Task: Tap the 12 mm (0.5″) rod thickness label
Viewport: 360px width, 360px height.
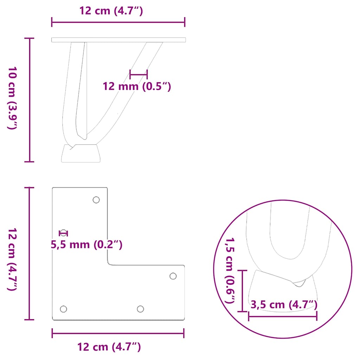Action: pyautogui.click(x=137, y=86)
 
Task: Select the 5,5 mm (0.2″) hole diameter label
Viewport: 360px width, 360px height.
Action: pyautogui.click(x=87, y=244)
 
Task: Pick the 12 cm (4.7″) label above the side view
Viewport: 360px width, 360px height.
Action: pyautogui.click(x=111, y=11)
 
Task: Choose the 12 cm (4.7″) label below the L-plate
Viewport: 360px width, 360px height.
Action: pyautogui.click(x=109, y=347)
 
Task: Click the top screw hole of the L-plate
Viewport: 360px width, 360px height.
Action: pyautogui.click(x=96, y=200)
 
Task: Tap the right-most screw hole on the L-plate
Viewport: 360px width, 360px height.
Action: pyautogui.click(x=173, y=276)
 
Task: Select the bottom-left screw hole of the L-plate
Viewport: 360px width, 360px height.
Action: pyautogui.click(x=63, y=309)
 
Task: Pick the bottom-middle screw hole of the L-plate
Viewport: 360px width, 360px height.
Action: pyautogui.click(x=140, y=309)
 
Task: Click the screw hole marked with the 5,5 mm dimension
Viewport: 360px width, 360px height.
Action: pyautogui.click(x=63, y=233)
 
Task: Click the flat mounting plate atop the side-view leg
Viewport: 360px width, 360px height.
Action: pyautogui.click(x=118, y=40)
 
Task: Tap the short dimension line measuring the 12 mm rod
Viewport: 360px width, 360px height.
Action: pyautogui.click(x=139, y=74)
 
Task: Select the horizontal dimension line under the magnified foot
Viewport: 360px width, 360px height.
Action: pyautogui.click(x=283, y=316)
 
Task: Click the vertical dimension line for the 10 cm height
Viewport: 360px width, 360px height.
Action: pyautogui.click(x=30, y=100)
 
